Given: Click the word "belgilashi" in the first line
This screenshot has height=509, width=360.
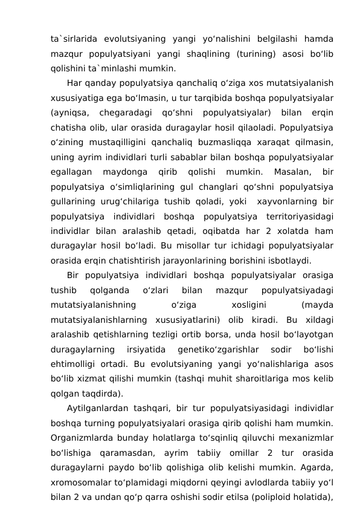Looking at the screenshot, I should point(266,39).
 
